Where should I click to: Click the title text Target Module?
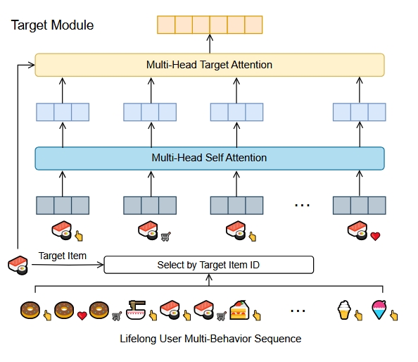coord(52,25)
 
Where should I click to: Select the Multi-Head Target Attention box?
coord(209,65)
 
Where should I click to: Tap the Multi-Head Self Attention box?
coord(209,158)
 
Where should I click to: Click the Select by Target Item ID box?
coord(209,266)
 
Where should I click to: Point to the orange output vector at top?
coord(209,25)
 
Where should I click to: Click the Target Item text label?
coord(63,256)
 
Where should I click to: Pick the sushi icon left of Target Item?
coord(17,266)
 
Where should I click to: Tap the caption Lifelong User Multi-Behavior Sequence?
coord(210,339)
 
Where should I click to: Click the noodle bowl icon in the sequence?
coord(137,309)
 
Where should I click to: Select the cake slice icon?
coord(239,310)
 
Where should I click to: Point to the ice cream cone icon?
coord(343,310)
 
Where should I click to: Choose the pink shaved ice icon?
coord(379,310)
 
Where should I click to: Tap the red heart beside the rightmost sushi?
coord(375,237)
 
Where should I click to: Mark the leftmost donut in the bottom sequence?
coord(30,310)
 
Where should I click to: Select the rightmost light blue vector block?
coord(359,112)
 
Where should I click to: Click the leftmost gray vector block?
coord(63,205)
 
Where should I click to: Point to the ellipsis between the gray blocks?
coord(302,205)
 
